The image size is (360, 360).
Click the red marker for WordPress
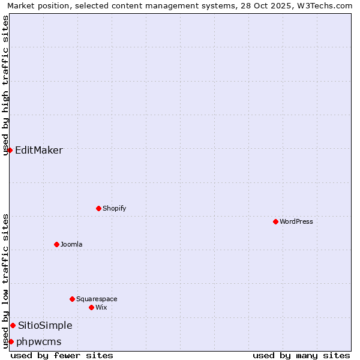point(275,221)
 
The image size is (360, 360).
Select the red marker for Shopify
point(98,208)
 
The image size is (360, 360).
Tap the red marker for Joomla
point(56,244)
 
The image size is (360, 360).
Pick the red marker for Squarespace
point(72,299)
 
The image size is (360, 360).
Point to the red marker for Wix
point(91,307)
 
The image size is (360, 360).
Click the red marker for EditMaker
point(10,150)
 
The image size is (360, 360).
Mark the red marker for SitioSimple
point(13,325)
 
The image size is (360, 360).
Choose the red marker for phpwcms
point(11,341)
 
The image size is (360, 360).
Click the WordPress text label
point(296,221)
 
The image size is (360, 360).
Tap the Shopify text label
point(114,208)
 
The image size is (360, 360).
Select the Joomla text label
point(71,244)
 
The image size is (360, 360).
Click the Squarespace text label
point(97,299)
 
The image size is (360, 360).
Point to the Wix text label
point(101,307)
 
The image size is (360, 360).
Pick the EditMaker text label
point(39,150)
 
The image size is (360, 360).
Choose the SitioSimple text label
point(45,325)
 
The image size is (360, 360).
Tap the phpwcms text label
point(39,341)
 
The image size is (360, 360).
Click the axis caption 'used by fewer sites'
point(62,355)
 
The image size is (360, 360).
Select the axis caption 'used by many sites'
point(301,355)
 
